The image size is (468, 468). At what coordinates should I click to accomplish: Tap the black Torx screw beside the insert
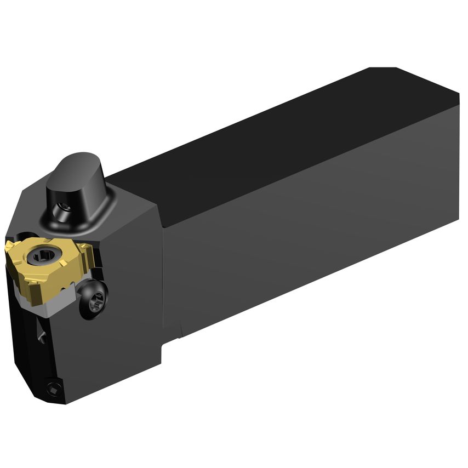pos(92,300)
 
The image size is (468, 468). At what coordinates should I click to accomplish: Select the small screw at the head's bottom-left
pos(53,389)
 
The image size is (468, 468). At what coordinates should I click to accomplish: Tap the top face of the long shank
pos(285,142)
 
